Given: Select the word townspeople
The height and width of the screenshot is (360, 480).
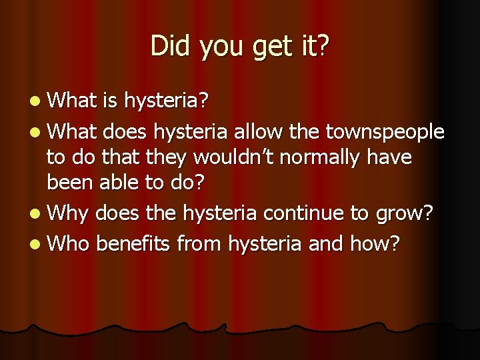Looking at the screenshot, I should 385,131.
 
